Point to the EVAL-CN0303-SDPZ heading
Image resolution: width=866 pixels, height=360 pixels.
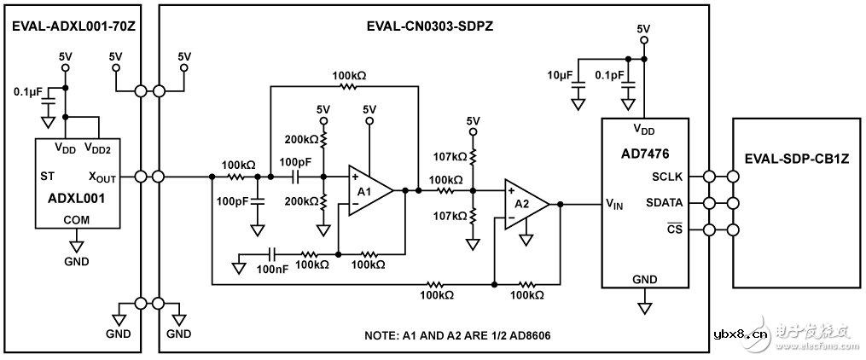tap(433, 26)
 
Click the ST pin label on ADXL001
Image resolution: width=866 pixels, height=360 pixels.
tap(48, 177)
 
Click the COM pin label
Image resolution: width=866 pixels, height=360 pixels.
tap(75, 220)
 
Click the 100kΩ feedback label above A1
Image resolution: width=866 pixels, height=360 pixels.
tap(349, 75)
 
